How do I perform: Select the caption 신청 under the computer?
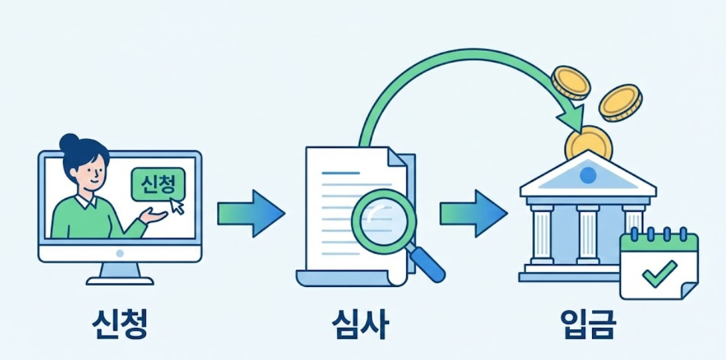pos(120,325)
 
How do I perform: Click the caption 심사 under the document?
pos(361,325)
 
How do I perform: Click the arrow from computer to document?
pos(250,213)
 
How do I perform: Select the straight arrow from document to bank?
pos(473,213)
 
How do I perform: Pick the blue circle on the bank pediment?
pos(588,174)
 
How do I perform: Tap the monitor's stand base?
pos(120,279)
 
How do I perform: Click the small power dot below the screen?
pos(120,253)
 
